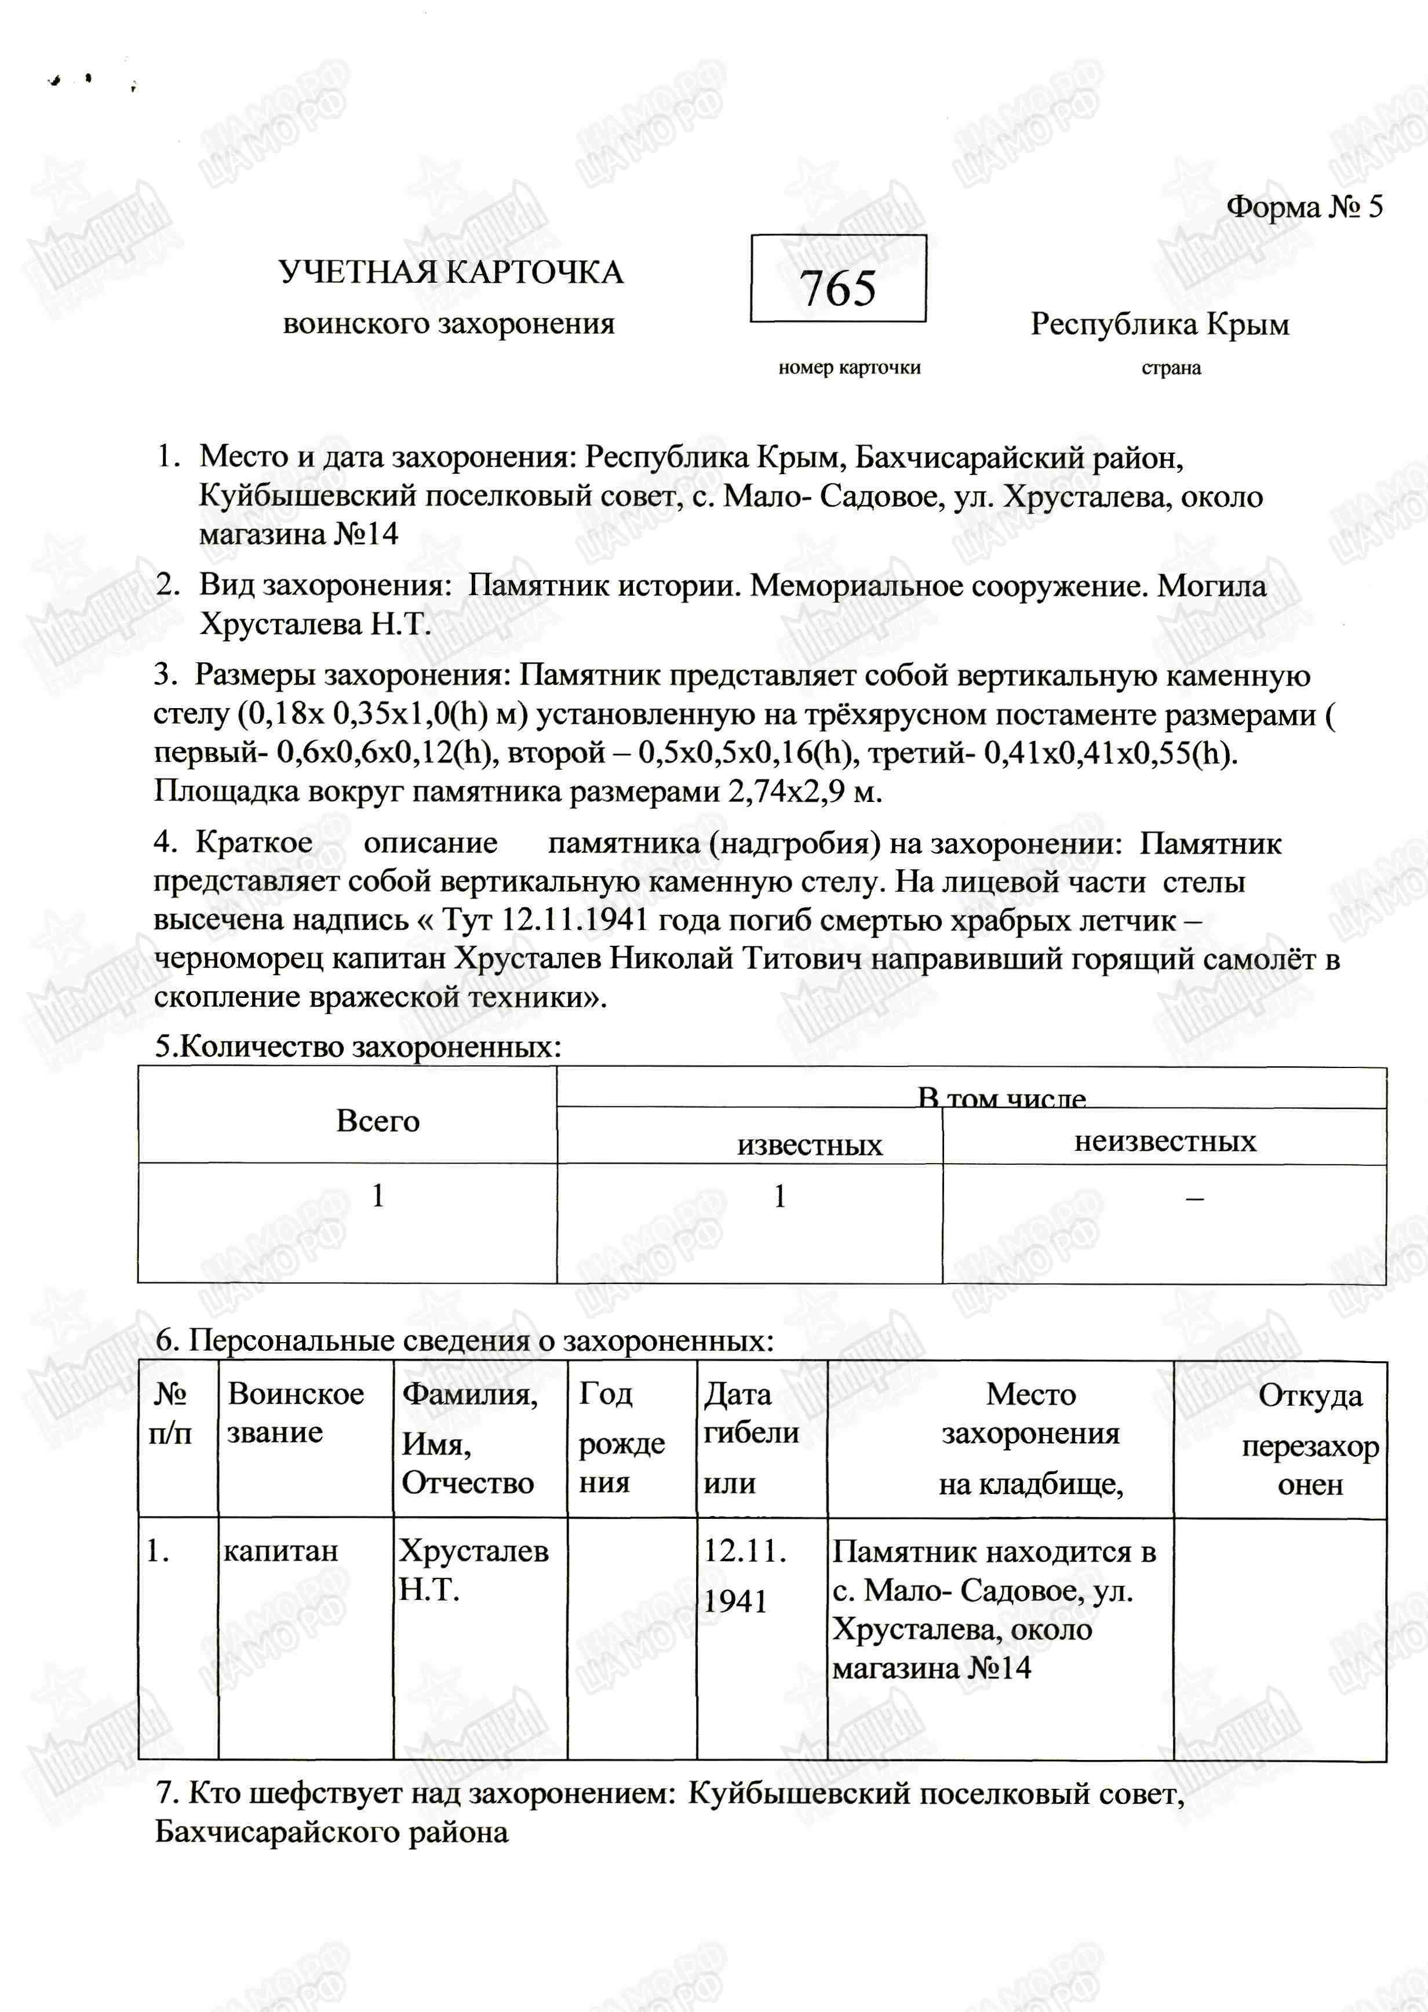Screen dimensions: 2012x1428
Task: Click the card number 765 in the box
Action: point(838,289)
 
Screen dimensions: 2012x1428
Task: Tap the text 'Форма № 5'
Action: point(1304,206)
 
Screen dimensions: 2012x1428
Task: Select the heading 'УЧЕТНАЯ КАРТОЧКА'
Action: point(451,272)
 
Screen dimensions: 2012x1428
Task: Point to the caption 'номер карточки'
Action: point(848,367)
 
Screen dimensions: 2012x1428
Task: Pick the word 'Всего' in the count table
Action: point(377,1121)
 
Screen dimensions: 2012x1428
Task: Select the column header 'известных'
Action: point(809,1144)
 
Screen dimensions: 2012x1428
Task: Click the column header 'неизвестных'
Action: point(1165,1141)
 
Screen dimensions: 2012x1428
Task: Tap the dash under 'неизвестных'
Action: point(1194,1197)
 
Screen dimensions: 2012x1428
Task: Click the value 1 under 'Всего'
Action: point(378,1195)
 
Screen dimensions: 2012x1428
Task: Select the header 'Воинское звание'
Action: point(296,1413)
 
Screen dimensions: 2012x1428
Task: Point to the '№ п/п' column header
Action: point(170,1413)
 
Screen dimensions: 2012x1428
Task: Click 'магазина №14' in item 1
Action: point(298,534)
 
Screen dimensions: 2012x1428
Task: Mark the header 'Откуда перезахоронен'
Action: point(1309,1438)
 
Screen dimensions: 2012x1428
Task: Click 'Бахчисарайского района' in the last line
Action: point(331,1832)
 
